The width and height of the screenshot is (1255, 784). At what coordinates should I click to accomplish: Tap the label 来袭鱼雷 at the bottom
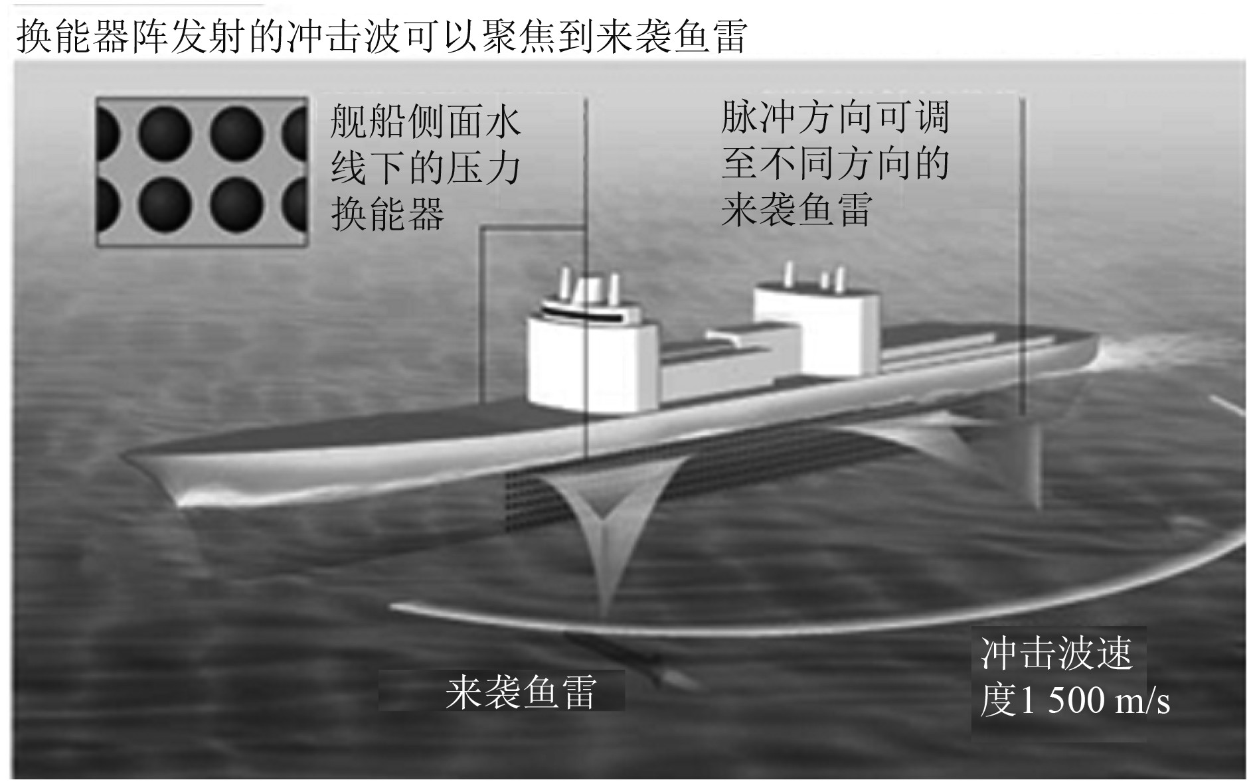point(521,692)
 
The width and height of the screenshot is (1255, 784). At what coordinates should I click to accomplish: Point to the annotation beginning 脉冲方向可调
point(835,163)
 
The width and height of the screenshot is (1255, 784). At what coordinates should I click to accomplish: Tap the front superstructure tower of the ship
point(591,358)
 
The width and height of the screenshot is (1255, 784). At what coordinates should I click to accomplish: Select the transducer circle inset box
point(202,172)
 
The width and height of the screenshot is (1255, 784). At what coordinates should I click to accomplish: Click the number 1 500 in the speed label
point(1062,701)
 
